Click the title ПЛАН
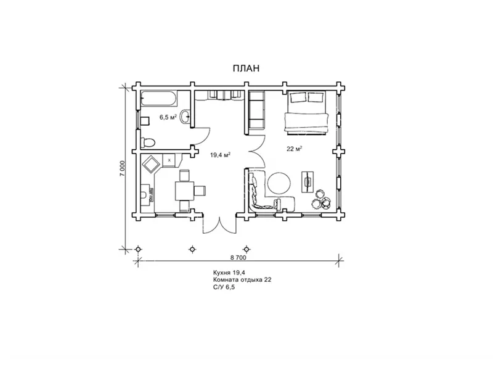246,68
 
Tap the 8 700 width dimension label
238,257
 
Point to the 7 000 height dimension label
123,168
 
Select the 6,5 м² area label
168,117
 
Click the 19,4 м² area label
221,155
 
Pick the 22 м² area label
295,149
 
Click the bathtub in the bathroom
159,99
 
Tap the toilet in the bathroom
147,142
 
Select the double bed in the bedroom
306,113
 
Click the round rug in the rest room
279,183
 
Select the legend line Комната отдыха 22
242,280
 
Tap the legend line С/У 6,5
224,287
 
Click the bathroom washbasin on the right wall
186,117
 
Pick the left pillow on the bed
298,97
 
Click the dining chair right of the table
200,191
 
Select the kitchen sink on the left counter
145,195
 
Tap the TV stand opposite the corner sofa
308,182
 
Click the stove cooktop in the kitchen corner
151,164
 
